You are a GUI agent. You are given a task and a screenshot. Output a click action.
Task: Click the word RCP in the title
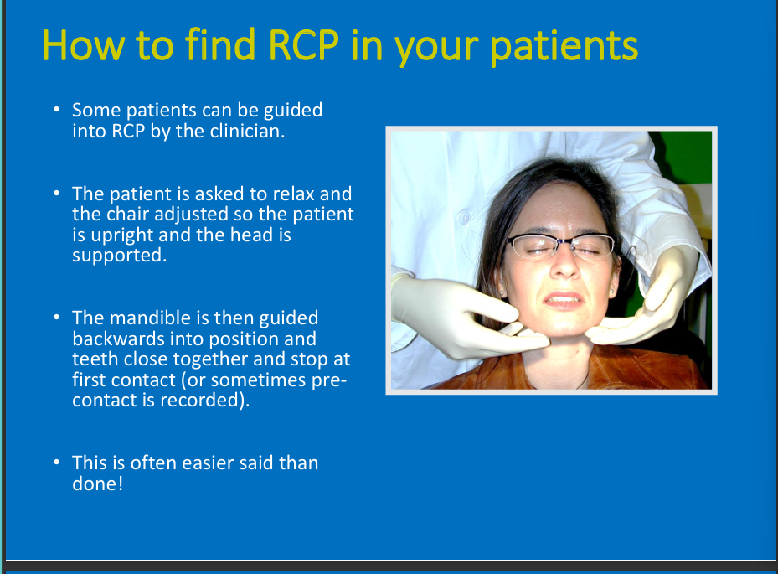point(304,45)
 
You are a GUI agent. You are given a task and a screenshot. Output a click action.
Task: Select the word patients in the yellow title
point(564,45)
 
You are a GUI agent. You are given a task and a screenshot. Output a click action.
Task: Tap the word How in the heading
point(83,45)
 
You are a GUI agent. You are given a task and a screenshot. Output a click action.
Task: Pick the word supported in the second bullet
point(119,256)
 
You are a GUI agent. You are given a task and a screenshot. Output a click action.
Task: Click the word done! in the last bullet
point(97,484)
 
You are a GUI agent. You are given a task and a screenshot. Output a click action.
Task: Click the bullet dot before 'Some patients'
point(57,110)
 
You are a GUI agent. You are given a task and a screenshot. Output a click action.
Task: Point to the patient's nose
point(564,265)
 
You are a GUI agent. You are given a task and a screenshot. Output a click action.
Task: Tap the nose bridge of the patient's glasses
point(563,243)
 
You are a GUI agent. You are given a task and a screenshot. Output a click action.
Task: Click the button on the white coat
point(464,218)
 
